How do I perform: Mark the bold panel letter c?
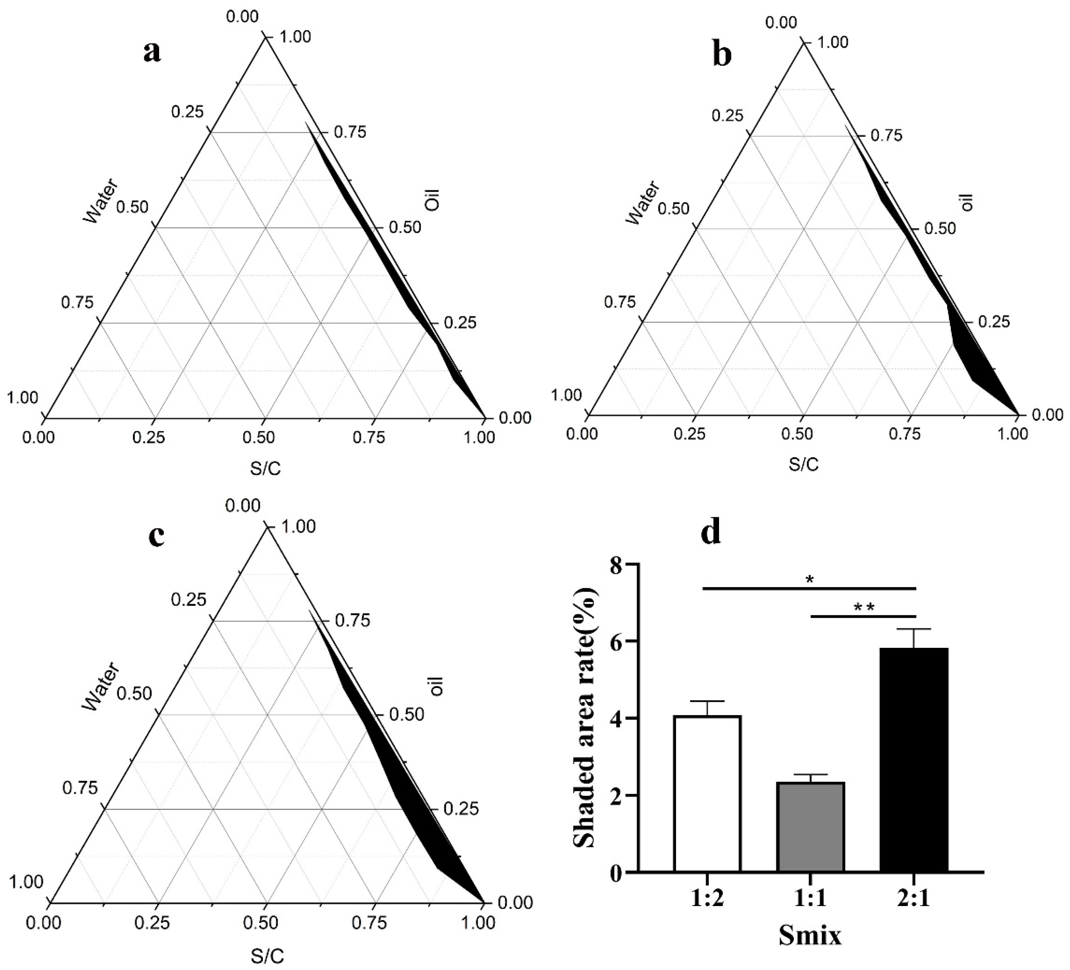(156, 536)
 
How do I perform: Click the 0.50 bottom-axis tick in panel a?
(259, 438)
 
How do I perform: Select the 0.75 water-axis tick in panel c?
(80, 788)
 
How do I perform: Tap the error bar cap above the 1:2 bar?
(708, 701)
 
